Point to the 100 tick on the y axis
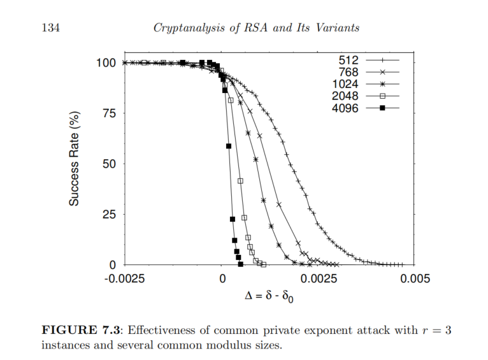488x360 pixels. click(106, 63)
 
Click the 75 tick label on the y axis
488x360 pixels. click(109, 113)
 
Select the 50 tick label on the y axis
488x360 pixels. click(109, 164)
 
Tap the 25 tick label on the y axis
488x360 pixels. click(109, 214)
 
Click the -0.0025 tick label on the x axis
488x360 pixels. click(125, 278)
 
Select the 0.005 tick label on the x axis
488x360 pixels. click(415, 278)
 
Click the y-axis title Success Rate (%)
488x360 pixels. click(75, 158)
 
